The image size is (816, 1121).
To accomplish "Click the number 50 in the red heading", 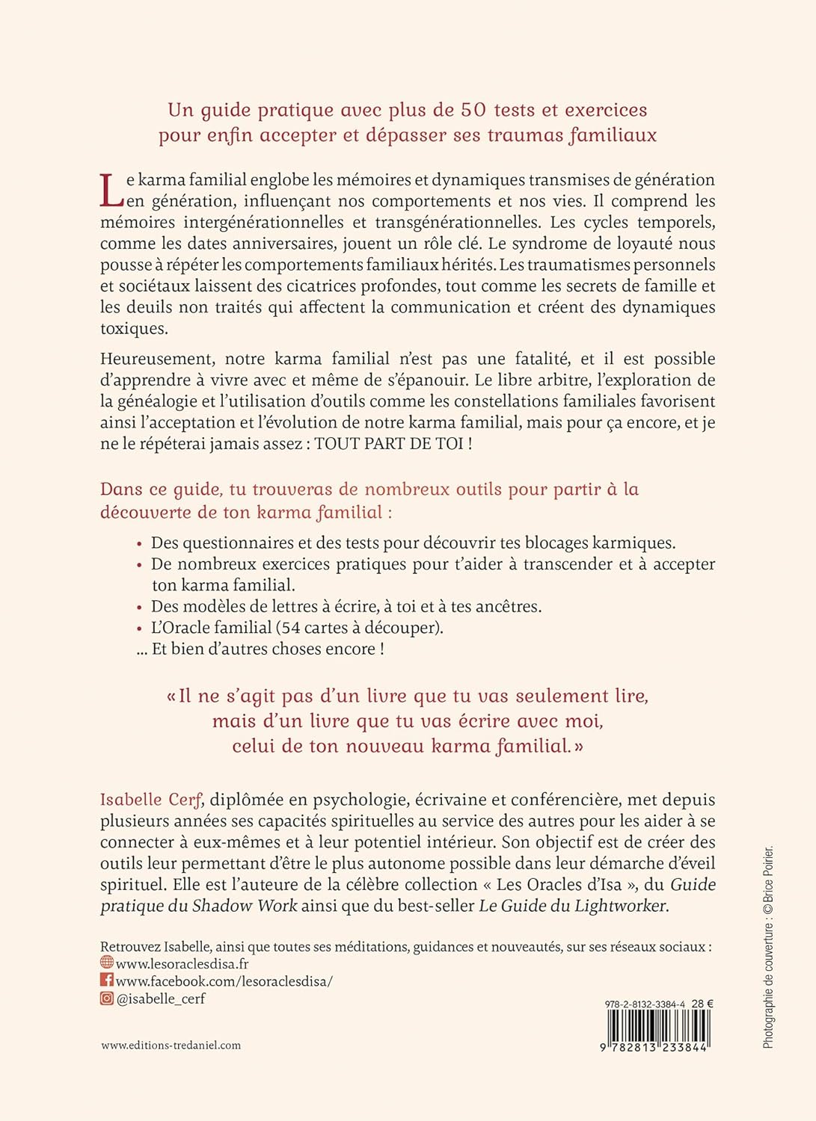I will coord(473,110).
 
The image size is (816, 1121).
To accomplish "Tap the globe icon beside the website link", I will coord(107,963).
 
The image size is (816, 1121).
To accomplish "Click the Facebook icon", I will coord(107,980).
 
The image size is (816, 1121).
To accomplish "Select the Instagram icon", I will coord(107,998).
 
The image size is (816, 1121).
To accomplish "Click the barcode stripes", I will coord(658,1027).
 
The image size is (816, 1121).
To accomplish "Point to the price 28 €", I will coord(702,1004).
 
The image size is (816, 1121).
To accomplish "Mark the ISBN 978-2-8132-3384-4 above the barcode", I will coord(645,1004).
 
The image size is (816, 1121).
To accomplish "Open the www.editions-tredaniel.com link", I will coord(171,1046).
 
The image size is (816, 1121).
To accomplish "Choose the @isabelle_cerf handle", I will coord(161,998).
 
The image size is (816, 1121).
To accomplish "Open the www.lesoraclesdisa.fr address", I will coord(182,964).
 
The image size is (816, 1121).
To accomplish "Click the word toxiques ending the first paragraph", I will coord(134,329).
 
